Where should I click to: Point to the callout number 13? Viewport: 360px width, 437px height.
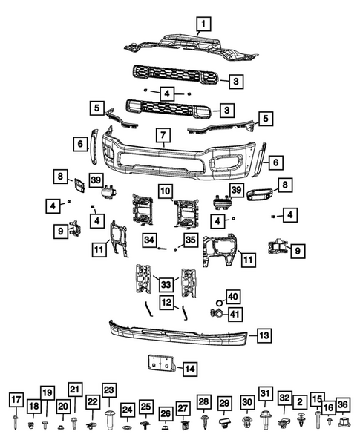tap(264, 336)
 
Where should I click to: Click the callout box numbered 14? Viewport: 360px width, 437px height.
tap(190, 368)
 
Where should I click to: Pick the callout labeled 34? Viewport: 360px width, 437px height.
tap(150, 240)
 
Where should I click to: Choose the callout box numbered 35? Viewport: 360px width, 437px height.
tap(191, 240)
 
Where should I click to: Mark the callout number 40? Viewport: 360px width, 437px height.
tap(232, 297)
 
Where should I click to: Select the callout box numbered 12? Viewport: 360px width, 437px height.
tap(166, 302)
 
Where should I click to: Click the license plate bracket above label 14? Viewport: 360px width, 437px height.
tap(159, 364)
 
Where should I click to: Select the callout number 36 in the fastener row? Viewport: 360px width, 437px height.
tap(342, 404)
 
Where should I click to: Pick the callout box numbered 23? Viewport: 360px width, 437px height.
tap(109, 391)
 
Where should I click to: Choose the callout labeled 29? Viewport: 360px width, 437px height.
tap(223, 403)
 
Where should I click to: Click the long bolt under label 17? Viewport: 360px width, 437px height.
tap(16, 422)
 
